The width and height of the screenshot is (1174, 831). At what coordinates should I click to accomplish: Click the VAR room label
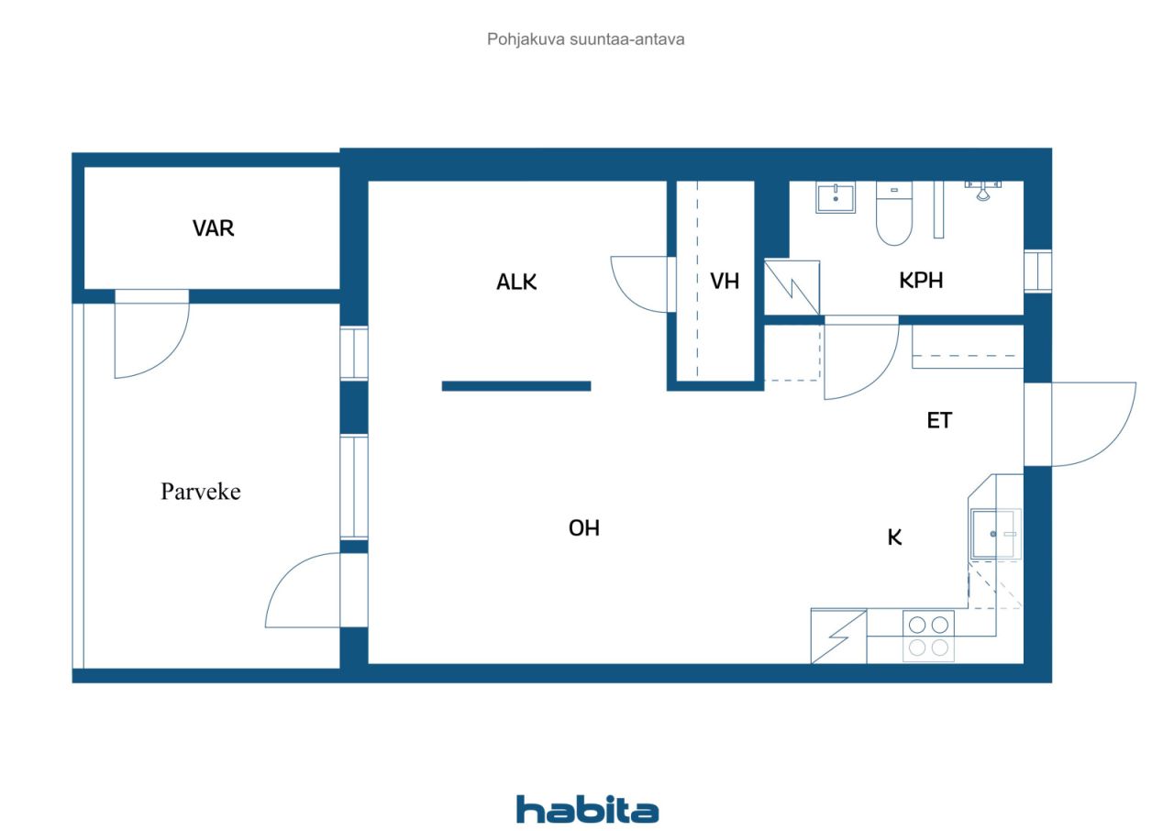pos(213,227)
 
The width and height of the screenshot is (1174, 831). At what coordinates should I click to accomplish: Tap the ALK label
pos(516,282)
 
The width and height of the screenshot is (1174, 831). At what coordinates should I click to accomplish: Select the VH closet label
pos(725,282)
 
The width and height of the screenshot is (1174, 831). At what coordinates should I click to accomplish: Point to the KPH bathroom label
pos(921,281)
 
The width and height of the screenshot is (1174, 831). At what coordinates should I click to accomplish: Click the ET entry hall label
pos(939,420)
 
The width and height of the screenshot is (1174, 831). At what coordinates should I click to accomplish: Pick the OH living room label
pos(584,528)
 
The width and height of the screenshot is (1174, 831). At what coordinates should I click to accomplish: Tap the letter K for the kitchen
pos(894,537)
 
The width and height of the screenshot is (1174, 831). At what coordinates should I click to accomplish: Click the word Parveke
pos(201,492)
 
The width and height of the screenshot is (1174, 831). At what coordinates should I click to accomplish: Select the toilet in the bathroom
pos(894,213)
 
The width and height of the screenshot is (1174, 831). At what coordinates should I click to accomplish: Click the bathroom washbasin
pos(836,197)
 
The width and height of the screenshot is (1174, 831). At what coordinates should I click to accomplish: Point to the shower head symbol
pos(983,192)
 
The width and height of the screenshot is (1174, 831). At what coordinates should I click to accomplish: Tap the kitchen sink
pos(995,534)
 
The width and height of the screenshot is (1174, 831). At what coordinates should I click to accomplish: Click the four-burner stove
pos(928,636)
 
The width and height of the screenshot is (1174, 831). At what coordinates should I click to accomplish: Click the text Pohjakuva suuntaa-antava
pos(585,39)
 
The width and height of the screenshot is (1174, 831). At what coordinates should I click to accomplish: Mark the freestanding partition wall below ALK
pos(516,386)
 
